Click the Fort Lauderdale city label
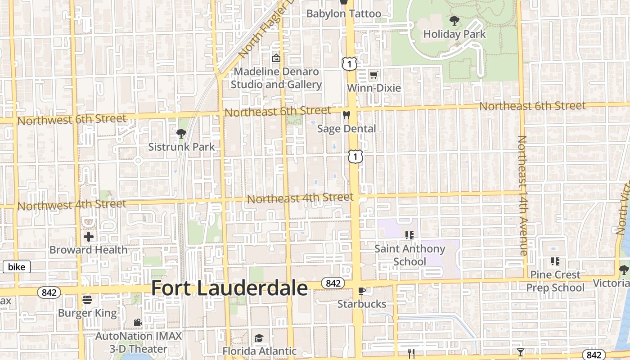pos(229,288)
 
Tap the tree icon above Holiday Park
pos(454,20)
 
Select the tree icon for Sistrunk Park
pos(181,133)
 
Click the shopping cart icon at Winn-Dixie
pos(373,75)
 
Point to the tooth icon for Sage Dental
pos(346,115)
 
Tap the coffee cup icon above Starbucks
pos(361,290)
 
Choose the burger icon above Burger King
pos(87,299)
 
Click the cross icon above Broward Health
pos(89,236)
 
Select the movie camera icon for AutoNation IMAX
pos(138,322)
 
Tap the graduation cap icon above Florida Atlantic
pos(259,337)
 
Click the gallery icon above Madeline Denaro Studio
pos(276,58)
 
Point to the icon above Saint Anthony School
pos(409,235)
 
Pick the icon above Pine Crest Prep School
pos(555,261)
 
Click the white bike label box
pos(17,267)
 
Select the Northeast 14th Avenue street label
pos(522,196)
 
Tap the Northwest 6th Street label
pos(72,120)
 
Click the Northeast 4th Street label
pos(300,198)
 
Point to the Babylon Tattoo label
pos(344,14)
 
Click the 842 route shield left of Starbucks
pos(333,283)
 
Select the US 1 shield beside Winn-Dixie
pos(349,64)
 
